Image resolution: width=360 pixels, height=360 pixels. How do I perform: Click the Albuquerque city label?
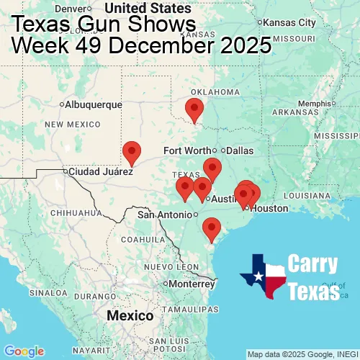point(94,104)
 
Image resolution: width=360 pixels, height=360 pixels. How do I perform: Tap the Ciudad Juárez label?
point(101,172)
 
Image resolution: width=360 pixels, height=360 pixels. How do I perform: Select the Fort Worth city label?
point(188,150)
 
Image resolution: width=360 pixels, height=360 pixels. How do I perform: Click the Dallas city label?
point(240,150)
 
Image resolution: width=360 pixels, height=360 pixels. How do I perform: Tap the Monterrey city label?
point(192,284)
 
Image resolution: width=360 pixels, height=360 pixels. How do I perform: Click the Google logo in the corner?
point(23,351)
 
